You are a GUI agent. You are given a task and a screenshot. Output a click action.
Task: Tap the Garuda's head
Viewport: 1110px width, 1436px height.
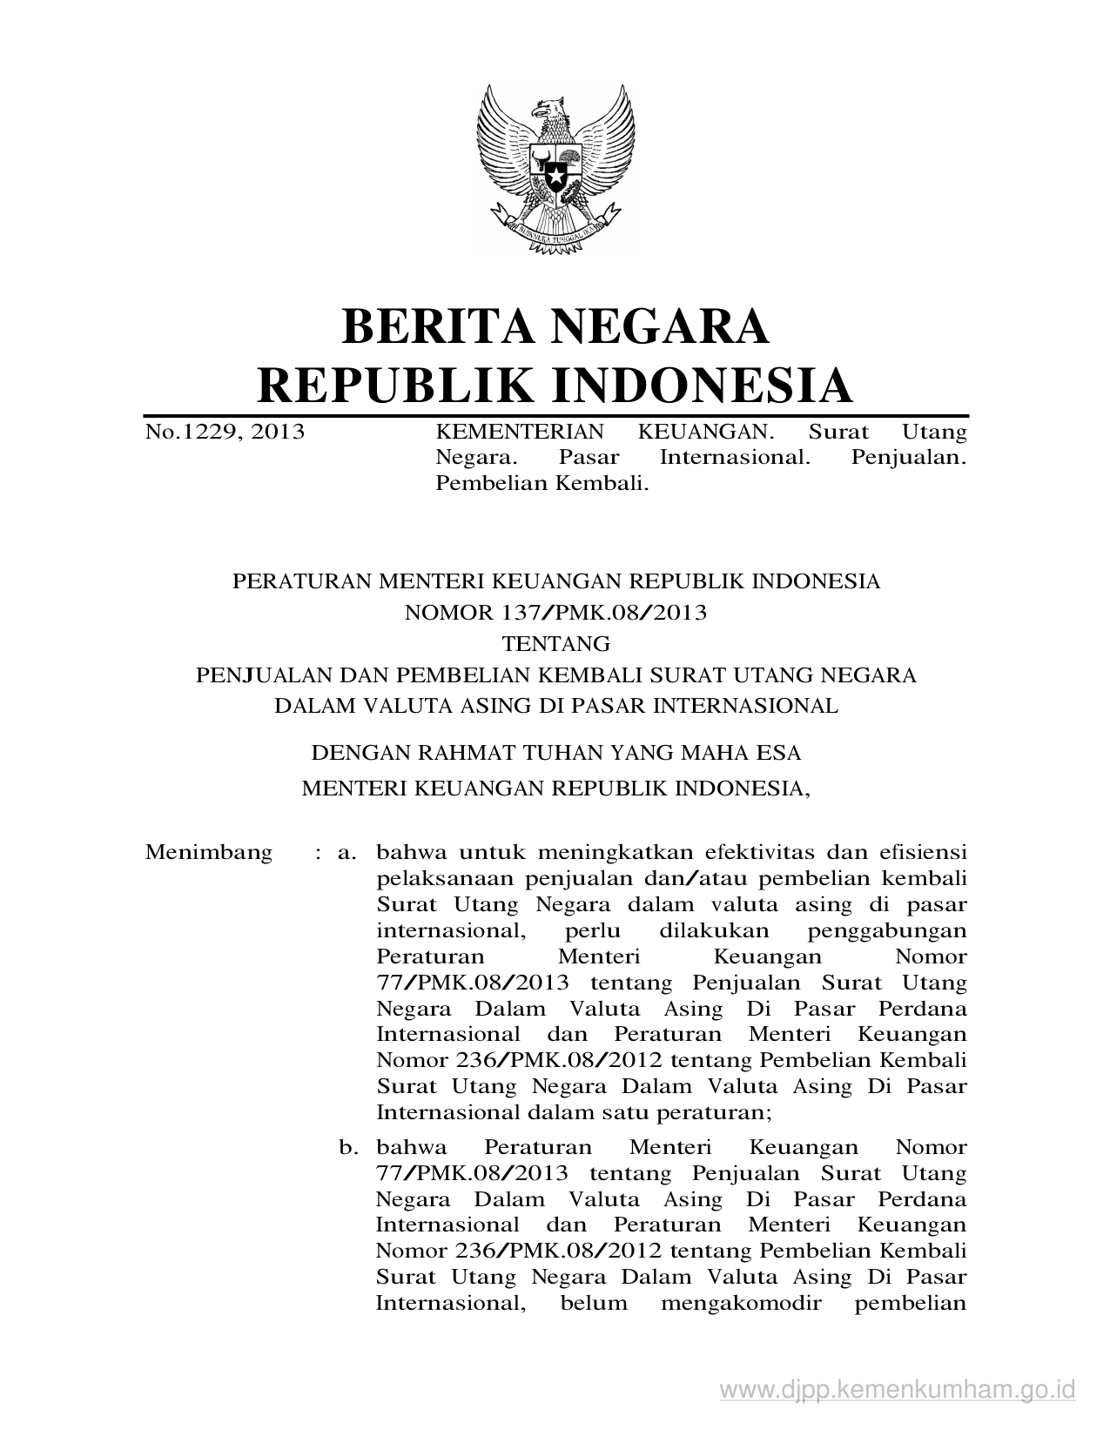549,111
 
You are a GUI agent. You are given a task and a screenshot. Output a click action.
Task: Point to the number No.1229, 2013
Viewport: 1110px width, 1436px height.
225,431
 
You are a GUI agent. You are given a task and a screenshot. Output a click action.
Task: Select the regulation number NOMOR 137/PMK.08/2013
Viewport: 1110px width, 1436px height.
555,613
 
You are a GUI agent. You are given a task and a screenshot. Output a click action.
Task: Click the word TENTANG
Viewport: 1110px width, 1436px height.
555,644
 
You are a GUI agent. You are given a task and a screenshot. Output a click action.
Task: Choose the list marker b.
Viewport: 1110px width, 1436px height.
349,1148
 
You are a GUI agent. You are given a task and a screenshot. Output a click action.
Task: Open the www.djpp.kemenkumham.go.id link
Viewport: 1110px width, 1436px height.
898,1387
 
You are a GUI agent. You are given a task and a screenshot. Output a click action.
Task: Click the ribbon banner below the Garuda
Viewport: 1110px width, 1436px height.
555,231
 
